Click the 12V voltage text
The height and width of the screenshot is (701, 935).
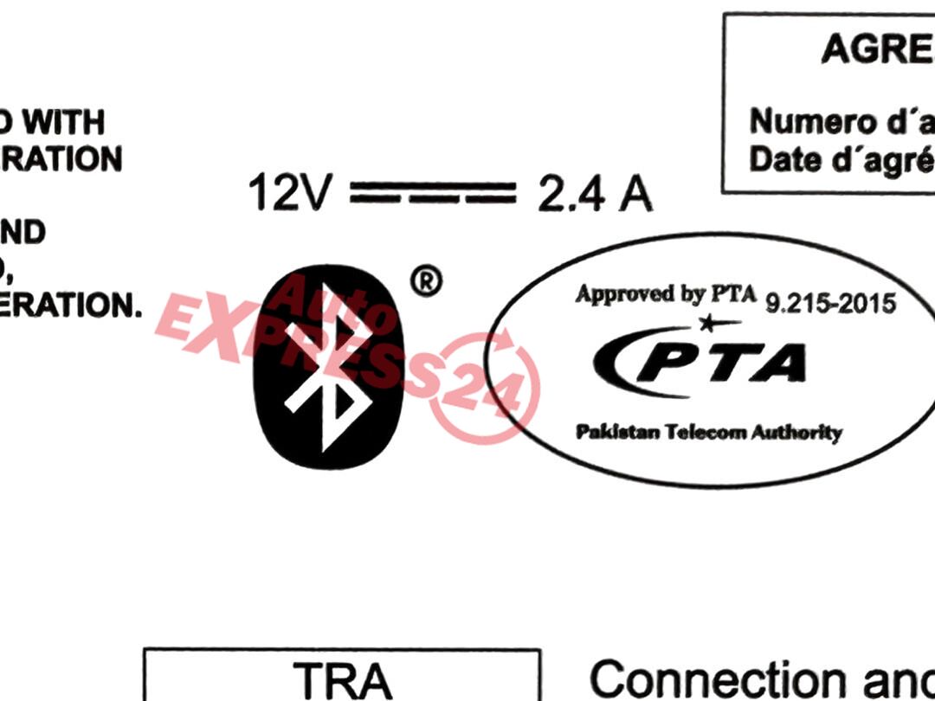tap(288, 194)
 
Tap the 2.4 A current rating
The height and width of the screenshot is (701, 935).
tap(595, 194)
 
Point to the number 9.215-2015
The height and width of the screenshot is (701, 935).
tap(831, 304)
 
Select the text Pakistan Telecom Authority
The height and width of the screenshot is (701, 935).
tap(708, 432)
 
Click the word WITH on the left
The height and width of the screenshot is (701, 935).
tap(62, 123)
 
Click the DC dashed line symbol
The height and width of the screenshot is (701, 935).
tap(433, 194)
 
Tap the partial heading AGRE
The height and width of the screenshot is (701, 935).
tap(876, 49)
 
